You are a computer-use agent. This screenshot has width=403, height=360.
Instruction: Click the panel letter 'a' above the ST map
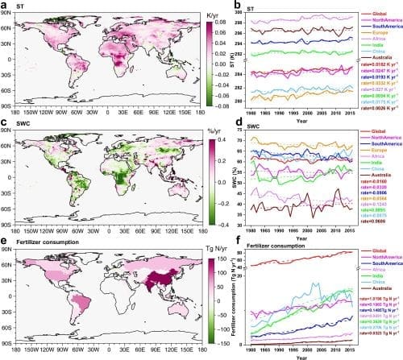6,6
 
